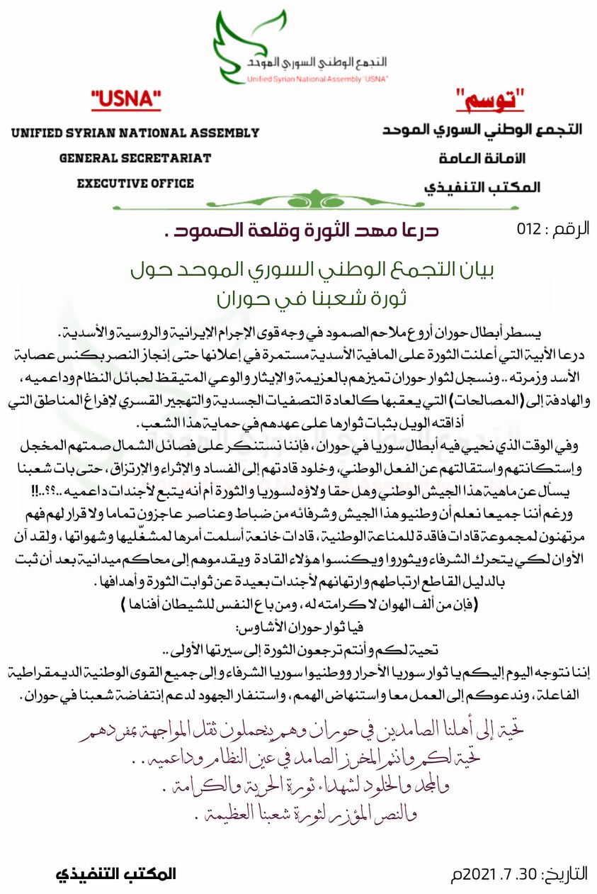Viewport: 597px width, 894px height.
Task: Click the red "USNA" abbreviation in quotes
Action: click(x=126, y=101)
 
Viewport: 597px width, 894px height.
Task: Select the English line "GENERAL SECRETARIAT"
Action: click(x=135, y=158)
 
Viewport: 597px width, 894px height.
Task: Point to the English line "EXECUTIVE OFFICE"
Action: click(x=135, y=184)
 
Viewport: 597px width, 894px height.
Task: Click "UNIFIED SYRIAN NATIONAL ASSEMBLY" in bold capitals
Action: click(x=135, y=133)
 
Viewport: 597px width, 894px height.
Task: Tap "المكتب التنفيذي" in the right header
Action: click(x=482, y=186)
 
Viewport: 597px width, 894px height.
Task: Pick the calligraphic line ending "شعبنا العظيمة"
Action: click(x=298, y=815)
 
